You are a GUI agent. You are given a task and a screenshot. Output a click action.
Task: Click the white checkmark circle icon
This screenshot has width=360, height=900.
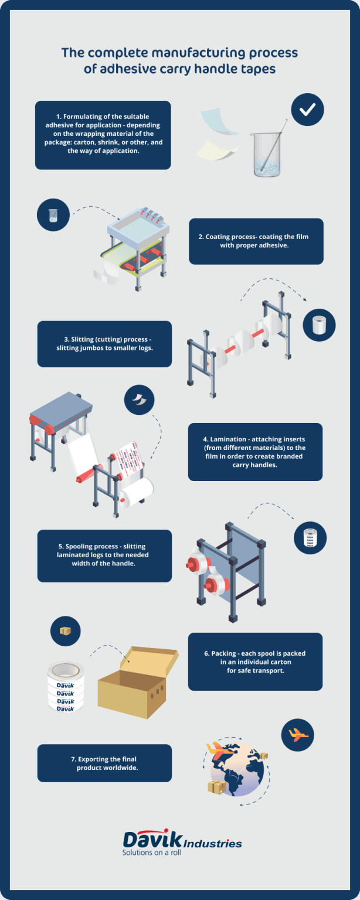(307, 110)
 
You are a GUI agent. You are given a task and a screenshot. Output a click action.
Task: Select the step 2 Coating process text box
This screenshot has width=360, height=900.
(256, 241)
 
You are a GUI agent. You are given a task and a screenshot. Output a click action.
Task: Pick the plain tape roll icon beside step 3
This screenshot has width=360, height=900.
(319, 325)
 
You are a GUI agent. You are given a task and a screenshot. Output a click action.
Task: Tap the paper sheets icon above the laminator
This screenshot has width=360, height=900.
(140, 401)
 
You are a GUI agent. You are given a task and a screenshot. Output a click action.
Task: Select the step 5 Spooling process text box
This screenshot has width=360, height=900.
(104, 555)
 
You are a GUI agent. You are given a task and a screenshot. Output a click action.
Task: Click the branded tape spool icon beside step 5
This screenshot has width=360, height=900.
(310, 538)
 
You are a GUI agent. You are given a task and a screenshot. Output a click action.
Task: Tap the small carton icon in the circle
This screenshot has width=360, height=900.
(65, 630)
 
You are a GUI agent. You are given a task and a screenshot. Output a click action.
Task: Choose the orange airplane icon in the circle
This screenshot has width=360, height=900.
(298, 734)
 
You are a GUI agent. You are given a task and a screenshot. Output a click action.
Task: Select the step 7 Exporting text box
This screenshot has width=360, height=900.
(104, 763)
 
